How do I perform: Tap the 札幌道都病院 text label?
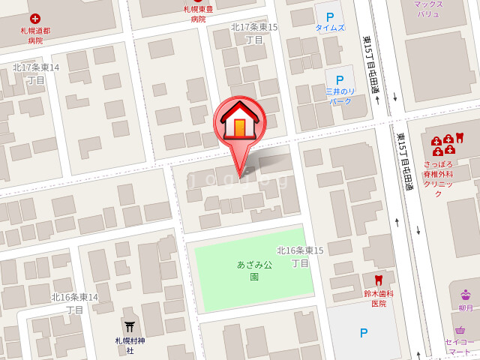tap(35, 35)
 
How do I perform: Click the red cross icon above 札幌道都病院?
tap(35, 18)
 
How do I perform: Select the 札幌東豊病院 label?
tap(198, 13)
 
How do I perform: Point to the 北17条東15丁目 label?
tap(254, 33)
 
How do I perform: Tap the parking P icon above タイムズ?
tap(329, 15)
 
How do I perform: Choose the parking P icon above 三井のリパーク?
tap(339, 79)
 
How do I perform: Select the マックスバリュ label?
tap(429, 9)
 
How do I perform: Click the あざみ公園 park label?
tap(254, 270)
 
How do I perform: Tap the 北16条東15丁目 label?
tap(300, 256)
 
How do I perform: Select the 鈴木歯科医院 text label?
tap(379, 298)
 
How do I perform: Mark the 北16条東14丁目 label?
tap(74, 303)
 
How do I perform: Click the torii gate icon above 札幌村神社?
tap(130, 326)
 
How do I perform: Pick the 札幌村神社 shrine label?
tap(130, 345)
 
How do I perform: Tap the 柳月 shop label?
tap(466, 307)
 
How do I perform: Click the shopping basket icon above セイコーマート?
tap(460, 330)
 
